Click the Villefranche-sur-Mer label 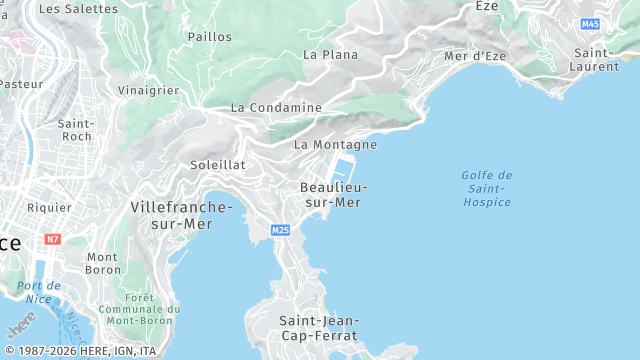pyautogui.click(x=181, y=215)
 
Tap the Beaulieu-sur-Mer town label pyautogui.click(x=334, y=195)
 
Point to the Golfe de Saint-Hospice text pyautogui.click(x=487, y=189)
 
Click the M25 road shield pyautogui.click(x=280, y=231)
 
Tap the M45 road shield pyautogui.click(x=590, y=23)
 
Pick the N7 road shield pyautogui.click(x=53, y=240)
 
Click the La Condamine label pyautogui.click(x=276, y=108)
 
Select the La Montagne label pyautogui.click(x=335, y=145)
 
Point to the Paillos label pyautogui.click(x=210, y=37)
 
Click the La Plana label pyautogui.click(x=330, y=55)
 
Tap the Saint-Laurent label pyautogui.click(x=596, y=59)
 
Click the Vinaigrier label pyautogui.click(x=148, y=90)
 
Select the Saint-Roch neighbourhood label pyautogui.click(x=76, y=130)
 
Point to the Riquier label pyautogui.click(x=49, y=208)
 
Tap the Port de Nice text pyautogui.click(x=39, y=292)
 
